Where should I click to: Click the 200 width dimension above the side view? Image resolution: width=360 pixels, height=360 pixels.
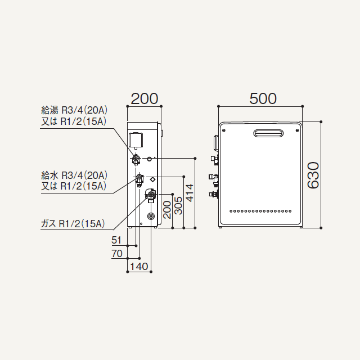pos(145,99)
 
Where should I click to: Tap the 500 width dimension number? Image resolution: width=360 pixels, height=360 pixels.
pos(263,99)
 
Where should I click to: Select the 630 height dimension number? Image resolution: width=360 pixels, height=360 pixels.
pos(313,175)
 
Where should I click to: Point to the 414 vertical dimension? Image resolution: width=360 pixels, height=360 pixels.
pos(190,193)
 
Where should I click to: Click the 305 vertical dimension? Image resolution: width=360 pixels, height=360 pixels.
pos(178,205)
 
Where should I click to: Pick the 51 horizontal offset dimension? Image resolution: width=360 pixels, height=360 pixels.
pos(116,240)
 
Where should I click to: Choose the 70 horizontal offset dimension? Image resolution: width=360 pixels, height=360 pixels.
pos(117,254)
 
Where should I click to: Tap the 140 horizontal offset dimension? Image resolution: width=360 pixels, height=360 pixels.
pos(139,267)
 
